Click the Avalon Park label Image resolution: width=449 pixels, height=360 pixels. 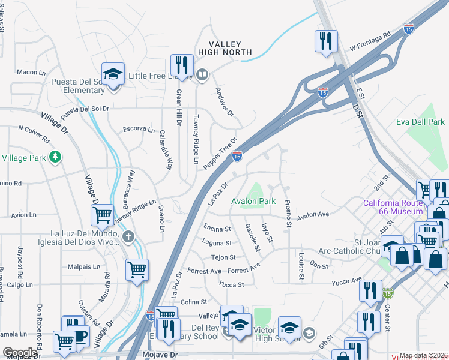tap(254, 202)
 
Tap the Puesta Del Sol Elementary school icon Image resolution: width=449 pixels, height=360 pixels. tap(113, 75)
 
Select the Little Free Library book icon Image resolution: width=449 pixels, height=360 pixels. tap(202, 76)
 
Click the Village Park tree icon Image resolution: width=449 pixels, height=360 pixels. tap(55, 157)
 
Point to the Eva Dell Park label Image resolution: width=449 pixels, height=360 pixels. tap(420, 122)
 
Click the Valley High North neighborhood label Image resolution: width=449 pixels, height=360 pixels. tap(224, 49)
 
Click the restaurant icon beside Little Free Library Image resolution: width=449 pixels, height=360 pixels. tap(181, 65)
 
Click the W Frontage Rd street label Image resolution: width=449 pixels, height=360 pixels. tap(370, 40)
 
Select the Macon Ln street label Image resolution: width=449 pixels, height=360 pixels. tap(32, 72)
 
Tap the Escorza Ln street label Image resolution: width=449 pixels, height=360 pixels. tap(139, 128)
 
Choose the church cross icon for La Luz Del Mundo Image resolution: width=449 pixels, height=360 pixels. tap(127, 237)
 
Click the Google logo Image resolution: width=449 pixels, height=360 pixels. tap(20, 353)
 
